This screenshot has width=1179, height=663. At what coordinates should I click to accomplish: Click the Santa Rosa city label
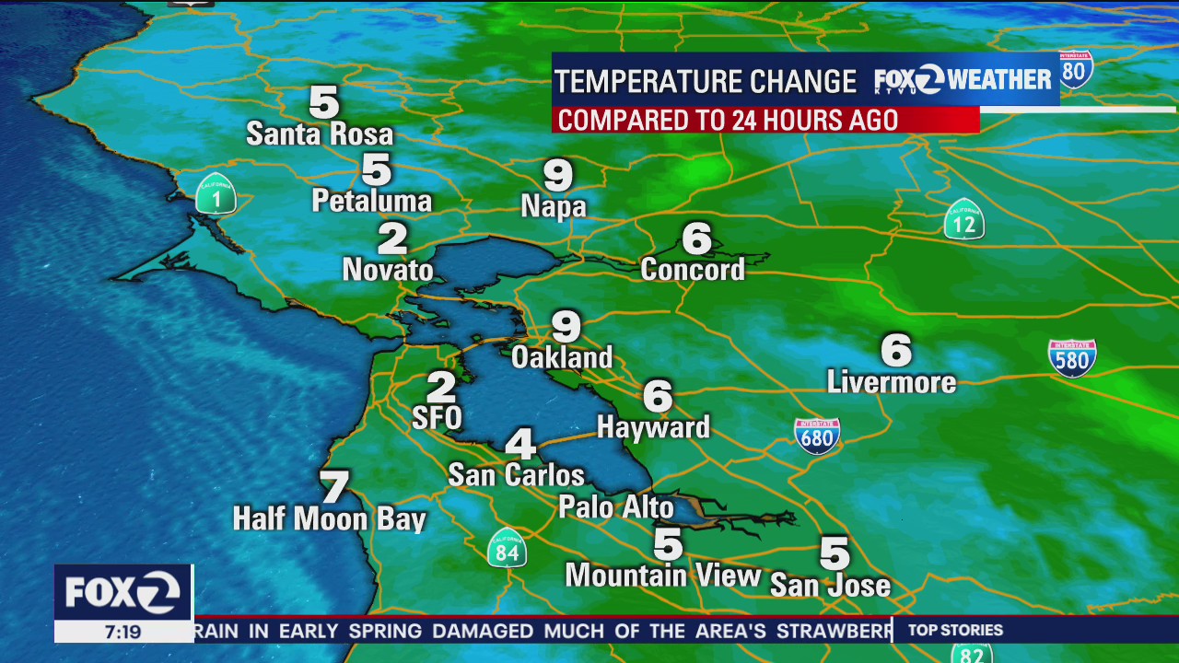[320, 134]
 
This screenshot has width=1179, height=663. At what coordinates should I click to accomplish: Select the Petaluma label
[372, 201]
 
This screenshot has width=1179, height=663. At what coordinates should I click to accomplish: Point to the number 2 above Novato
[392, 239]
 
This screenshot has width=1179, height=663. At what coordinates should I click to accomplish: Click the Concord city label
[693, 270]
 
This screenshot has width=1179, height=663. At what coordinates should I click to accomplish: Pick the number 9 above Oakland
[566, 326]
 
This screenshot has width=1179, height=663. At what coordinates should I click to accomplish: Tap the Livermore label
[892, 382]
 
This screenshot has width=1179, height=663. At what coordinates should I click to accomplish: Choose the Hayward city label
[653, 427]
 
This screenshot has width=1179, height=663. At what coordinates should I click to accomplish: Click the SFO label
[437, 418]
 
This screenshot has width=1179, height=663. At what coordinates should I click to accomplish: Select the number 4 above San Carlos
[520, 444]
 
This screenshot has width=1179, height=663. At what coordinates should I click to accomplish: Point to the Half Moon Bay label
[329, 519]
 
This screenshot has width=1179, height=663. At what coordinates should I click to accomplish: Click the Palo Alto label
[616, 507]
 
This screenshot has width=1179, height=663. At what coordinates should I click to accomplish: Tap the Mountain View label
[663, 576]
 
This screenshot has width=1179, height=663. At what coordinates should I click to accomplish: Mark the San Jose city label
[830, 586]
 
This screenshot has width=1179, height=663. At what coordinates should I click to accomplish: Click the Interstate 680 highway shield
[817, 436]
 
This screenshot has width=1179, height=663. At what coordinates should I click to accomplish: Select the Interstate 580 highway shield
[1072, 358]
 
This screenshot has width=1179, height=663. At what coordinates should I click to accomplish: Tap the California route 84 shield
[507, 548]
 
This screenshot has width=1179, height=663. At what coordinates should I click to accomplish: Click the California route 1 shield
[216, 193]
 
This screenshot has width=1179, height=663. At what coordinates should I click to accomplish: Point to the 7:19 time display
[123, 632]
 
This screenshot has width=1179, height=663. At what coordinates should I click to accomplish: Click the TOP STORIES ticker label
[955, 631]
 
